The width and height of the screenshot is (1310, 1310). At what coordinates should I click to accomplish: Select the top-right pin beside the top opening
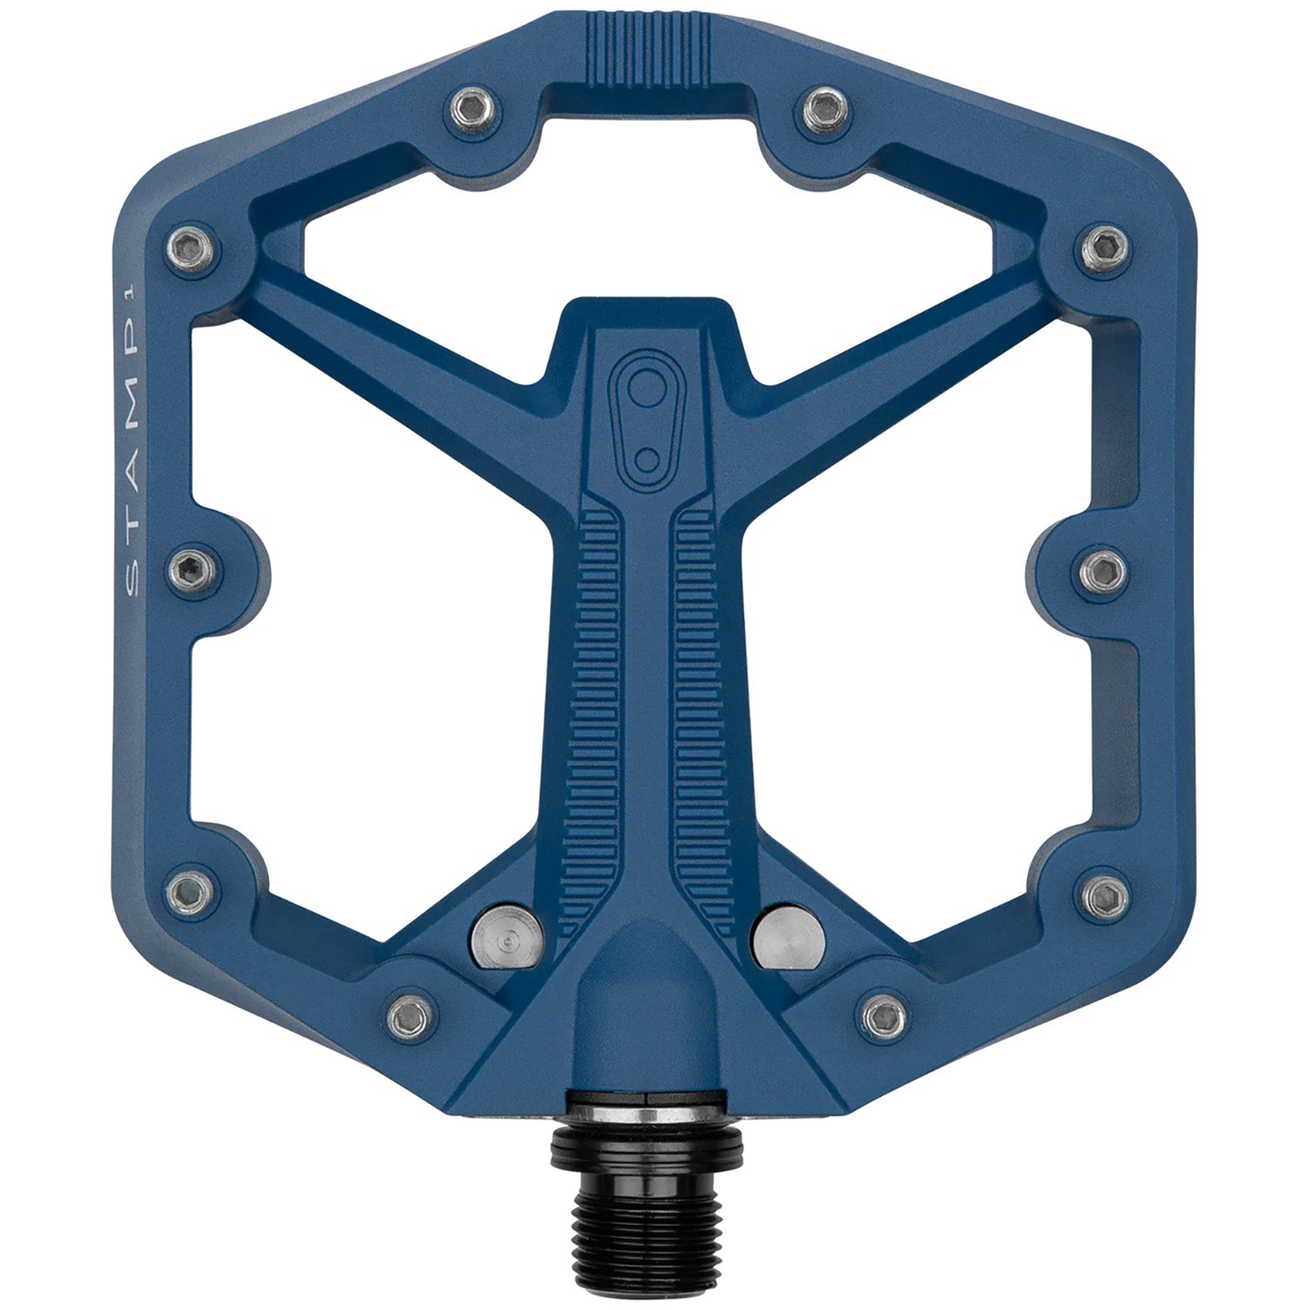pos(824,107)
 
